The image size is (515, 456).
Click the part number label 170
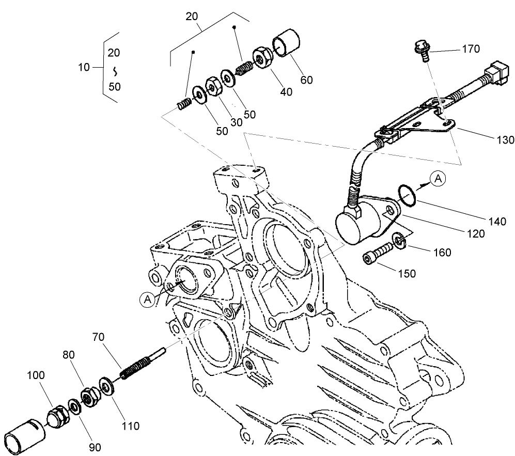470,49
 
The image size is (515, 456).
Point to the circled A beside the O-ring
439,179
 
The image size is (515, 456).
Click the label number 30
236,122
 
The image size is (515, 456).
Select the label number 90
95,447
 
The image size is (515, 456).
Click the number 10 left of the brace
84,68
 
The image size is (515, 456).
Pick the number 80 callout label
69,355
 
